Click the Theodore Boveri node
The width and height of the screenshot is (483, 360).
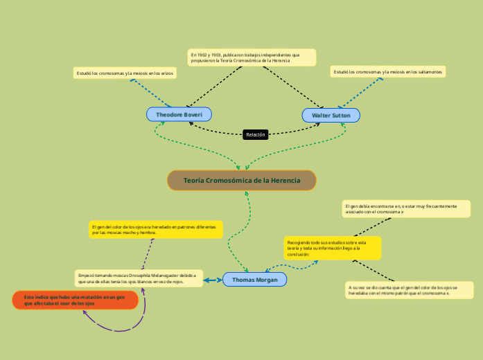click(179, 114)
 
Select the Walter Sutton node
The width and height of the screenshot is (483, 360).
click(331, 115)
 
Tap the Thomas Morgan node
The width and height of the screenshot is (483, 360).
click(254, 280)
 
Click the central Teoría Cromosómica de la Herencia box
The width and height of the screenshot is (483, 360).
click(242, 181)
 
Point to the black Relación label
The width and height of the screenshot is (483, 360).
click(256, 134)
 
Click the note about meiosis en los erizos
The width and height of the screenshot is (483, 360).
click(125, 73)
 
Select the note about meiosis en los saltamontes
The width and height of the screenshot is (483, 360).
click(387, 71)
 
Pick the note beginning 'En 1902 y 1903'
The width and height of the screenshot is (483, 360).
click(252, 57)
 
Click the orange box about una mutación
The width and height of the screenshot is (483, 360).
click(76, 300)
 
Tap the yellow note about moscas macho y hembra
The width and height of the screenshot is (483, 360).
click(156, 230)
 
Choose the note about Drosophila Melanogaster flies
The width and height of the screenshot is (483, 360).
click(139, 278)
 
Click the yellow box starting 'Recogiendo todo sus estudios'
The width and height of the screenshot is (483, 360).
click(332, 248)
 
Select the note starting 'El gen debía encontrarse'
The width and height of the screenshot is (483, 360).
click(406, 208)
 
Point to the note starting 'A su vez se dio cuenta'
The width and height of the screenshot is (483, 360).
click(409, 290)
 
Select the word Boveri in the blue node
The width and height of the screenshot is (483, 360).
click(192, 114)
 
